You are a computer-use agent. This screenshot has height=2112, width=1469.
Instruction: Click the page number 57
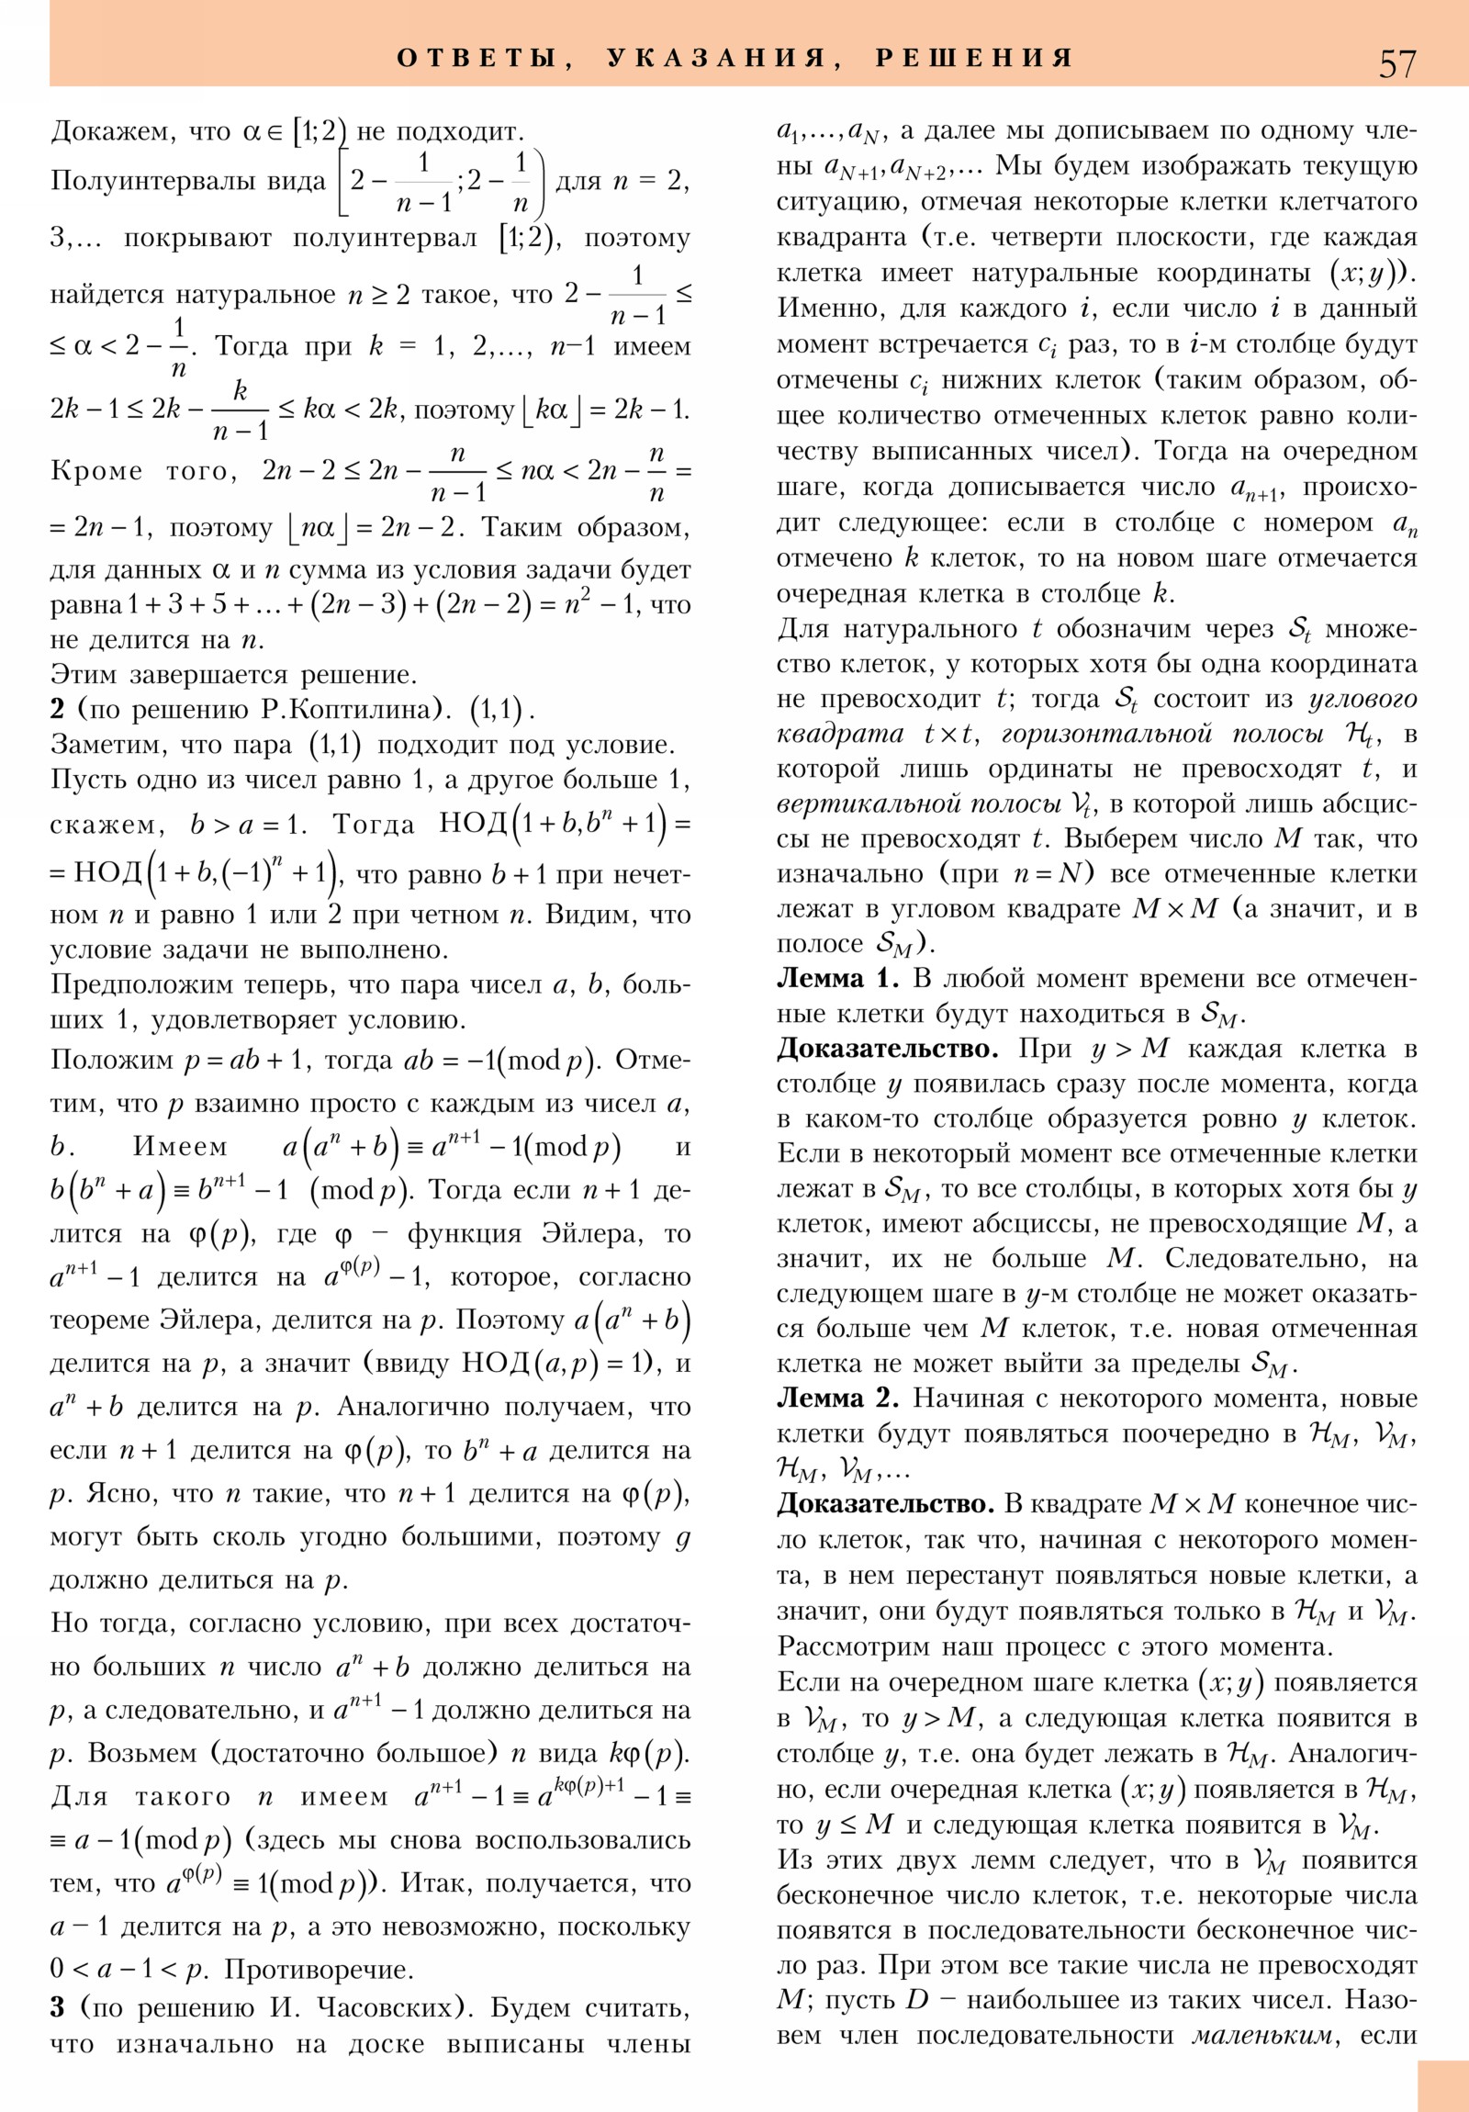pyautogui.click(x=1397, y=62)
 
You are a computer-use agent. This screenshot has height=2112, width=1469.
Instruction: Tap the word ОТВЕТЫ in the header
pyautogui.click(x=476, y=59)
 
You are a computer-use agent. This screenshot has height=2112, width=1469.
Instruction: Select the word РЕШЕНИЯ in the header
pyautogui.click(x=974, y=59)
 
